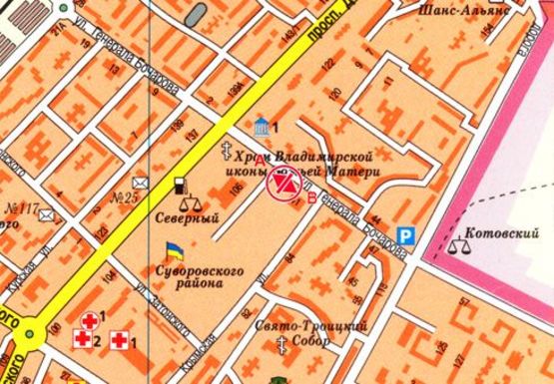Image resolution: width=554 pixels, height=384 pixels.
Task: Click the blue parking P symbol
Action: [405, 236]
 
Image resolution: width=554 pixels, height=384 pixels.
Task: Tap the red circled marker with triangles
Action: [282, 184]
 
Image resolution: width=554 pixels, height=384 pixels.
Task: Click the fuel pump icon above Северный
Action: [179, 186]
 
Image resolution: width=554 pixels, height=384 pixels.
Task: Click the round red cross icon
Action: [91, 320]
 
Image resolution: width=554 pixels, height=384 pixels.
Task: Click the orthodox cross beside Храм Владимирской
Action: [227, 152]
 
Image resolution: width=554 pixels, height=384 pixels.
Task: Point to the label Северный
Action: [173, 214]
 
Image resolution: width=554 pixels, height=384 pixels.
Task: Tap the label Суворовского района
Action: [187, 276]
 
